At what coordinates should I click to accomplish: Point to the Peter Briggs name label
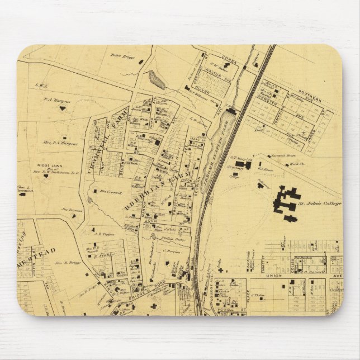(x=123, y=55)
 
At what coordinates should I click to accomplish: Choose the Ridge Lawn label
(x=48, y=167)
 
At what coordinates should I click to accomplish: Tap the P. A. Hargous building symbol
(x=63, y=108)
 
